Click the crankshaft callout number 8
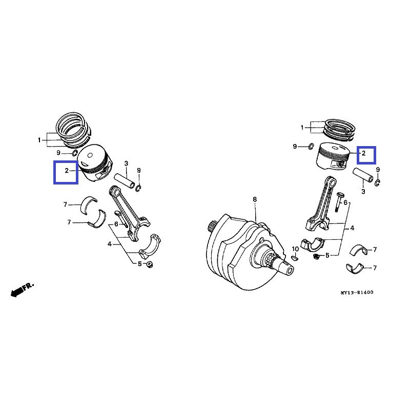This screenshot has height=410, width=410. click(254, 199)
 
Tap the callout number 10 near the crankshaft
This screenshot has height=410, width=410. click(295, 249)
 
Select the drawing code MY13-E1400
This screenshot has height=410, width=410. click(357, 293)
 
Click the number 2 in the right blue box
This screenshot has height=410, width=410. click(363, 153)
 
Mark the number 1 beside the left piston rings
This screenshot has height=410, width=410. click(39, 140)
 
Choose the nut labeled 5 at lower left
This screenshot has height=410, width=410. click(150, 264)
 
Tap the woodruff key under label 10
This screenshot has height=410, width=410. click(295, 257)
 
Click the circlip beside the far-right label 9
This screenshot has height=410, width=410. click(377, 181)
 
